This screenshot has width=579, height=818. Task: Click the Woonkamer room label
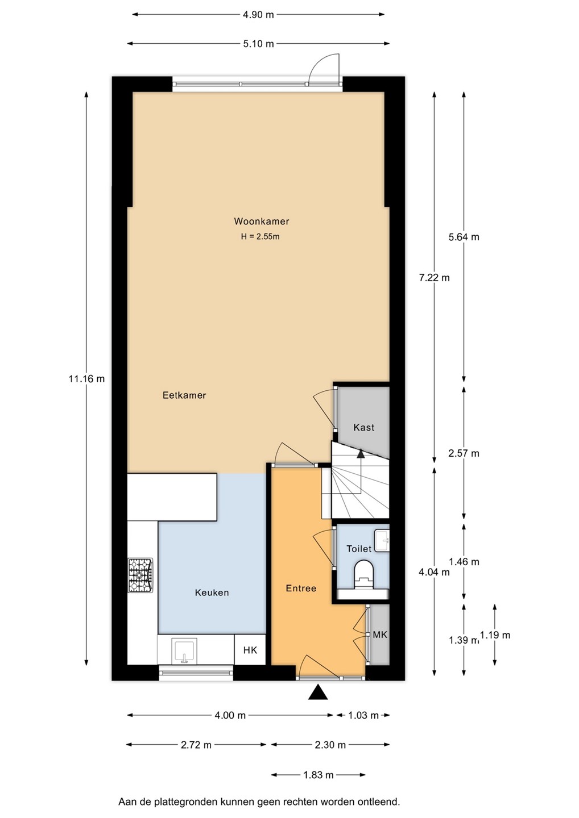coord(262,222)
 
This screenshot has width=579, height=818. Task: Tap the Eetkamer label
coord(184,395)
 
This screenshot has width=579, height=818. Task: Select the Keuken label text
coord(212,592)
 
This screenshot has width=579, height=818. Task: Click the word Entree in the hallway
coord(301,589)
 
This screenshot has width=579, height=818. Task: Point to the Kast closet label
coord(363,427)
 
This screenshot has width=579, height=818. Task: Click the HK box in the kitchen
coord(250,650)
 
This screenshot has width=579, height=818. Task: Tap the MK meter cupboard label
coord(380,635)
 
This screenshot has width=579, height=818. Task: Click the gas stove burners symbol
coord(140,575)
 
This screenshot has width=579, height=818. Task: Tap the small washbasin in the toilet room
coord(382,540)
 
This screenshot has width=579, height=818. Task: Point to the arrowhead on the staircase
coord(361,453)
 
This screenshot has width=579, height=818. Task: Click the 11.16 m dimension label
coord(86,379)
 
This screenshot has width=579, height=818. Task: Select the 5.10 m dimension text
coord(258,44)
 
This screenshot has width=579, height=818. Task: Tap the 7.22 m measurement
coord(435,278)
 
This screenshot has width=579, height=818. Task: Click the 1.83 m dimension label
coord(319,775)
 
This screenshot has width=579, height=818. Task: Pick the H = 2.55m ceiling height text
coord(260,237)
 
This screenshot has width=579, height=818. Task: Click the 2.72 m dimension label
coord(196,745)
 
